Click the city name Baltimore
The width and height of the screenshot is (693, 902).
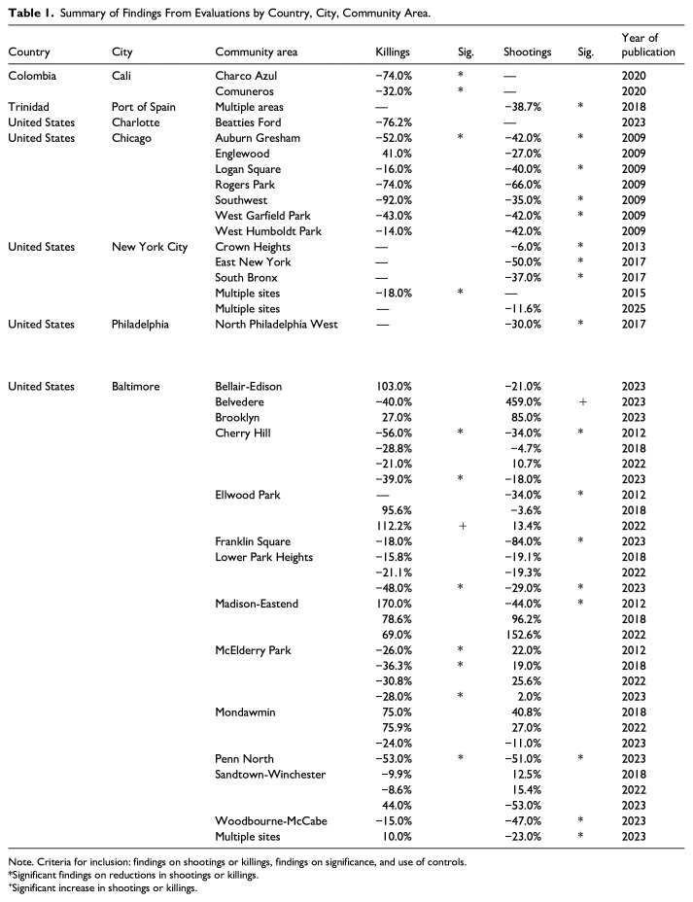pos(135,386)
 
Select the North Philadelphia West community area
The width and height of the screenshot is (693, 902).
pos(276,324)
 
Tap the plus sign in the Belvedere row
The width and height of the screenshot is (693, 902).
pos(583,400)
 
